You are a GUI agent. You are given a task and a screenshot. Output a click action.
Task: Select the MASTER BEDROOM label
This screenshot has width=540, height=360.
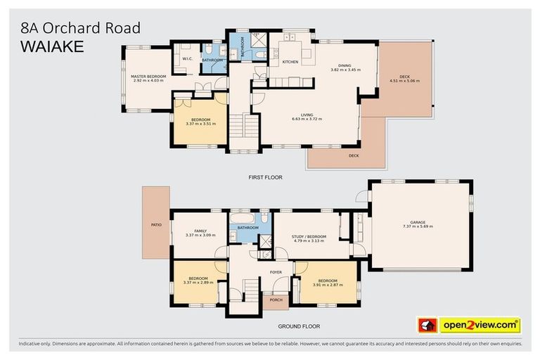click(x=148, y=76)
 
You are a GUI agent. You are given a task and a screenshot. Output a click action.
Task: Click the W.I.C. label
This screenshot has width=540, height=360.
click(x=187, y=59)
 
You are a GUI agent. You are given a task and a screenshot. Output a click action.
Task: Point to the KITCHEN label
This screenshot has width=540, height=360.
click(x=290, y=62)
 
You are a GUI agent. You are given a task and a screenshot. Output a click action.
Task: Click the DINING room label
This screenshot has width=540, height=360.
click(x=345, y=66)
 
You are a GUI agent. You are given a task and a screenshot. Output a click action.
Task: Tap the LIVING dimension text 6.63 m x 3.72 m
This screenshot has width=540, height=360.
click(x=307, y=120)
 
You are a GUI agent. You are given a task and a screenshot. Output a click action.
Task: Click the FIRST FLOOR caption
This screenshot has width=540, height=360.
click(x=265, y=178)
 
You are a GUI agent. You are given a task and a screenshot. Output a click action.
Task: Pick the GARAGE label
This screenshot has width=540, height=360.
click(x=417, y=222)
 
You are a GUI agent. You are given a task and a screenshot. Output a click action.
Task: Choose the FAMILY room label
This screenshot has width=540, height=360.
click(x=200, y=231)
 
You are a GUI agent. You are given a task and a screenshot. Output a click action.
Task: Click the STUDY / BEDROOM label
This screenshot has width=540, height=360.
click(x=308, y=236)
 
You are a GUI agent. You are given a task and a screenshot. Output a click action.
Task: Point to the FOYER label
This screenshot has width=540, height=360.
click(x=276, y=270)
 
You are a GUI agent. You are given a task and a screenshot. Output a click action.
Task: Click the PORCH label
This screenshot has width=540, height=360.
click(x=276, y=300)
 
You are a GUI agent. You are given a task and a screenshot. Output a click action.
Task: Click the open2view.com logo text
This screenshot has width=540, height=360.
click(x=480, y=325)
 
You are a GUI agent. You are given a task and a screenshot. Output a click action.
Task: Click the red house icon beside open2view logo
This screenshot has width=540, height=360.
click(x=427, y=326)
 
